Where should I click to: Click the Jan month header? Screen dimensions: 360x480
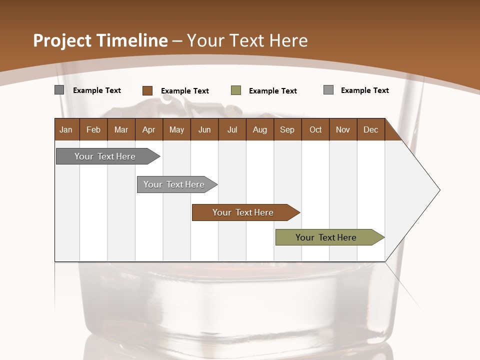[66, 129]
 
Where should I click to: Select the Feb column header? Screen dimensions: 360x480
[93, 129]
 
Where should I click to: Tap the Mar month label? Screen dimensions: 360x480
[121, 129]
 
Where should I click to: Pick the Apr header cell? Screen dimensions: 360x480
[148, 129]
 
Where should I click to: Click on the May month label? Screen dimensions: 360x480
[176, 129]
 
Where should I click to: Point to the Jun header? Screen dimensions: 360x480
[204, 129]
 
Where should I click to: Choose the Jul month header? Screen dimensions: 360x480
[232, 129]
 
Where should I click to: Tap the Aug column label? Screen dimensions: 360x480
[259, 129]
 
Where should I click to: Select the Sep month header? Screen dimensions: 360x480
[287, 129]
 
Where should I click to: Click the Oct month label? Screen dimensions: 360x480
[315, 129]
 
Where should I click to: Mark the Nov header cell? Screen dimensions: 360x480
[343, 129]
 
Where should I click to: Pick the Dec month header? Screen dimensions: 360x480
[370, 129]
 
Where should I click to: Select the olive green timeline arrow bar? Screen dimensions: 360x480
[326, 237]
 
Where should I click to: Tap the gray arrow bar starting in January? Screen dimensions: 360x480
[105, 156]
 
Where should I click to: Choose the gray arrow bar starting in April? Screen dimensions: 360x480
[174, 184]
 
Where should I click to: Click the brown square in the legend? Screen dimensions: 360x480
[147, 90]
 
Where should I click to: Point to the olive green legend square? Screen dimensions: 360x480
[236, 90]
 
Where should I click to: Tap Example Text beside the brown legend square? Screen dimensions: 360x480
[185, 91]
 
